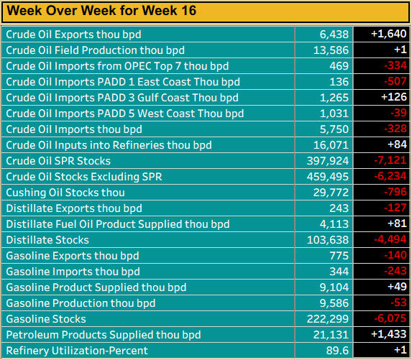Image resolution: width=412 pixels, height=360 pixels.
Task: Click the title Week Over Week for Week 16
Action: coord(101,11)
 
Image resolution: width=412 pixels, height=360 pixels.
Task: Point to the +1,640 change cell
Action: coord(382,34)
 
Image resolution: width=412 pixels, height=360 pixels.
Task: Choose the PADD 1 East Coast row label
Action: coord(122,82)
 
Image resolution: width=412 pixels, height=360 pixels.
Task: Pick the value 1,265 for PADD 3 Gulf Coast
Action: coord(334,98)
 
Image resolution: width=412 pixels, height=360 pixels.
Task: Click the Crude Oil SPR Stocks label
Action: coord(58,161)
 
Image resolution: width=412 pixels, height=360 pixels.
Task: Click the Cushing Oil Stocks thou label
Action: coord(65,193)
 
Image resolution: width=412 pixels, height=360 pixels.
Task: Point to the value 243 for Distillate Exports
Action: coord(339,208)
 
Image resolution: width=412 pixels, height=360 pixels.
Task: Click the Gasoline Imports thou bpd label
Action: coord(73,272)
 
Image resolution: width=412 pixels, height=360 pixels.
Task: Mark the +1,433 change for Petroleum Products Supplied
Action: coord(382,335)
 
